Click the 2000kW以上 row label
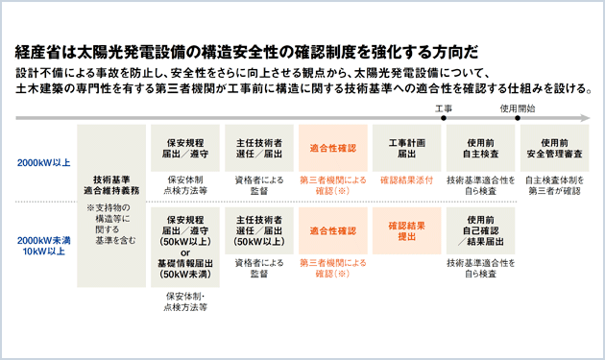tap(43, 162)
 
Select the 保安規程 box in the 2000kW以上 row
tap(186, 147)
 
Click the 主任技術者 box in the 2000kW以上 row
tap(258, 147)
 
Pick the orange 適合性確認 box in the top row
tap(332, 147)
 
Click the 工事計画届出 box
tap(405, 147)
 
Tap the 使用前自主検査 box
tap(481, 147)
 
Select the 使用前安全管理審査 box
tap(555, 147)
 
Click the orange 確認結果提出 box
tap(405, 230)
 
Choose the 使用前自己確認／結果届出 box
tap(481, 230)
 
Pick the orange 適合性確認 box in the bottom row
tap(332, 230)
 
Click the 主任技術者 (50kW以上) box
tap(258, 230)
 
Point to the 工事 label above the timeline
tap(443, 108)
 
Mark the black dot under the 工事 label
tap(445, 120)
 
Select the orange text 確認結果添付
tap(405, 180)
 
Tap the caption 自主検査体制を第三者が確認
tap(555, 185)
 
